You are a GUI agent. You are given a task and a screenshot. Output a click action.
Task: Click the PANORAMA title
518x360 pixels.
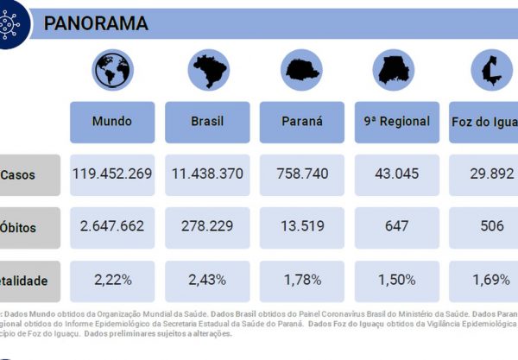pyautogui.click(x=96, y=23)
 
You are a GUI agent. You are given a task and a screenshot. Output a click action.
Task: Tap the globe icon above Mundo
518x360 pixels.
pyautogui.click(x=112, y=71)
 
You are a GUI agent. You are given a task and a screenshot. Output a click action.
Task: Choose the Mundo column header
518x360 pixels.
pyautogui.click(x=112, y=122)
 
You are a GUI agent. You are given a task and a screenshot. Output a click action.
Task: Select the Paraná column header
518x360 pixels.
pyautogui.click(x=302, y=122)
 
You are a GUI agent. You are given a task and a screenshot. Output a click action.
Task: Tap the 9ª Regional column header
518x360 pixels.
pyautogui.click(x=397, y=122)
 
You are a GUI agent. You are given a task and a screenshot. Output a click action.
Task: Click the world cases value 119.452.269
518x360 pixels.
pyautogui.click(x=112, y=174)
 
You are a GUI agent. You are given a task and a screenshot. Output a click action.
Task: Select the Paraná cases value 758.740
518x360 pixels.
pyautogui.click(x=302, y=174)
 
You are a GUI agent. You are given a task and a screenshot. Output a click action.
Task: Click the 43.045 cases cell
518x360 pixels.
pyautogui.click(x=397, y=174)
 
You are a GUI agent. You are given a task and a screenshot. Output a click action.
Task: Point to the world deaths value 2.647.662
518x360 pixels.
pyautogui.click(x=112, y=227)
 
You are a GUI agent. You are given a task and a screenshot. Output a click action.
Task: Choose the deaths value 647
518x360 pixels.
pyautogui.click(x=397, y=227)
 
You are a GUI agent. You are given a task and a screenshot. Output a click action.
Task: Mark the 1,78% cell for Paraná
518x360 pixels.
pyautogui.click(x=302, y=281)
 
